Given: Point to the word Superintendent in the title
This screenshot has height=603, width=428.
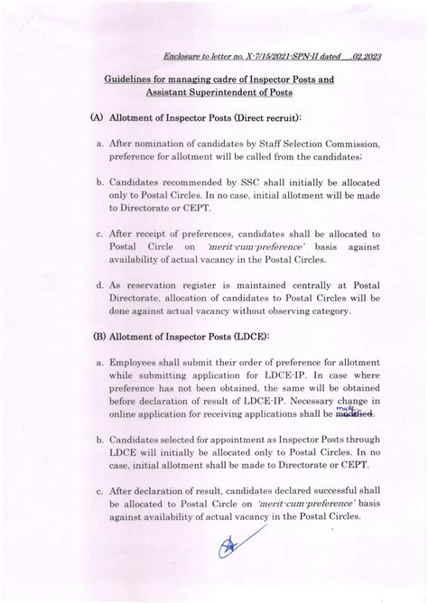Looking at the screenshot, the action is pyautogui.click(x=210, y=93).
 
